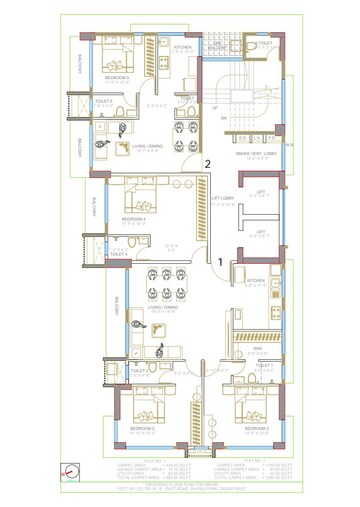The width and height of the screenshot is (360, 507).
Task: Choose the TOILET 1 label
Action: click(x=264, y=366)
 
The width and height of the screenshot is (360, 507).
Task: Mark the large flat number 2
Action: click(x=207, y=163)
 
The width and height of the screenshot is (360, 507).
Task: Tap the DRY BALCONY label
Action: click(x=218, y=46)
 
